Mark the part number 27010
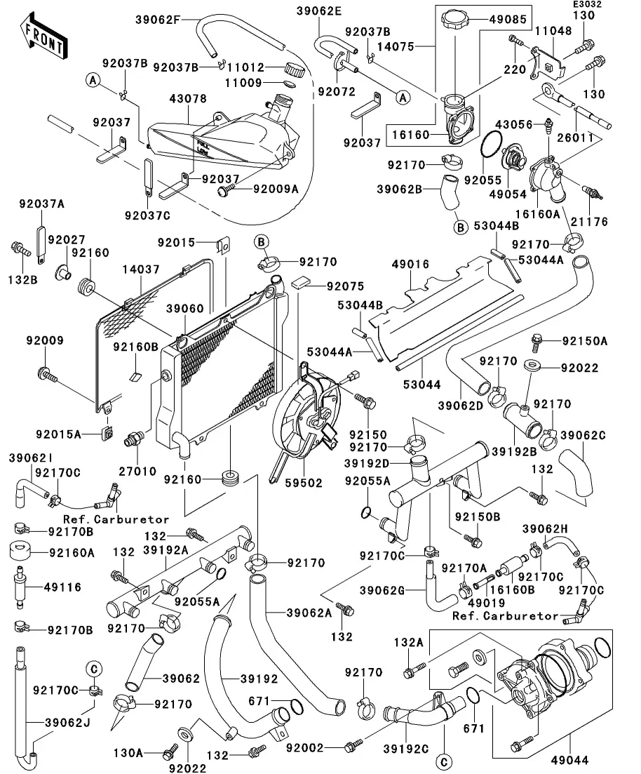[137, 472]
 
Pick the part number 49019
[481, 602]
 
